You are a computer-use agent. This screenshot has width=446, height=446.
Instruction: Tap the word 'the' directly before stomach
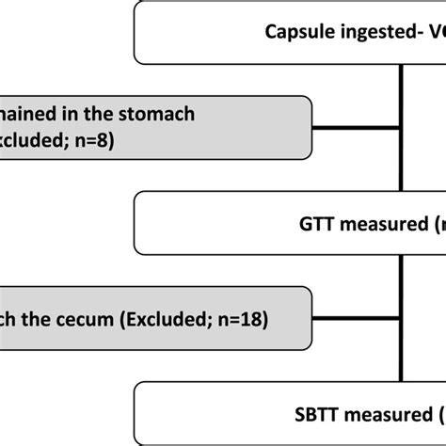point(102,114)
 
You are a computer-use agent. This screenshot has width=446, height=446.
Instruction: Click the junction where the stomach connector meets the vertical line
point(403,128)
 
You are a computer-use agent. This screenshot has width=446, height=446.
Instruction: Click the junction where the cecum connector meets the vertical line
point(403,320)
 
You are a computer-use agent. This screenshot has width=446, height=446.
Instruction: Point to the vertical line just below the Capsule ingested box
point(403,80)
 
